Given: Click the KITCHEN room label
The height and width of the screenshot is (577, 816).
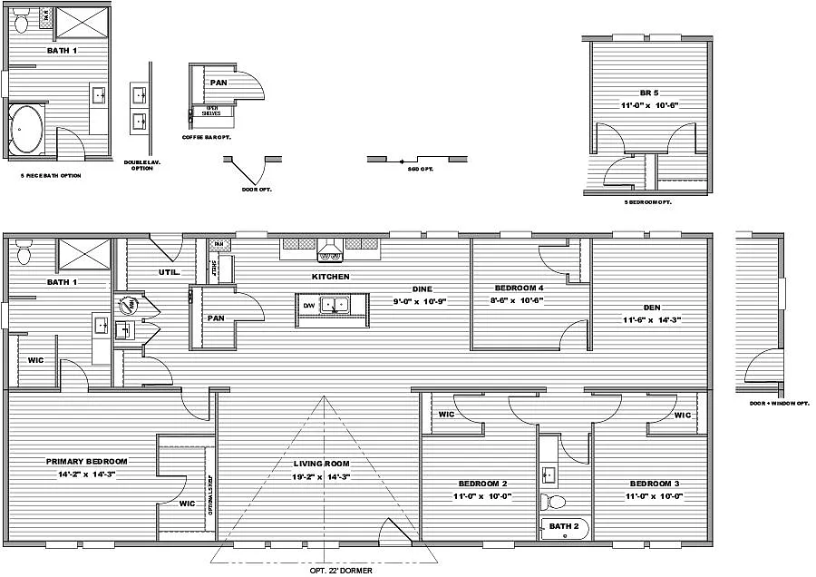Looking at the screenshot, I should (331, 277).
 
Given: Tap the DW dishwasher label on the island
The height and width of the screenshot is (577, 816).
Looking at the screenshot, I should (309, 306).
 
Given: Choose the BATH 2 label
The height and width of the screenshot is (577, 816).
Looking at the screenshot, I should (563, 525).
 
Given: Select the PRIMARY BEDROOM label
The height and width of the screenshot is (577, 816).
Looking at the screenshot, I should (86, 462).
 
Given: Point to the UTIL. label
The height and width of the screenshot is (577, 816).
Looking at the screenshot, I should (169, 271).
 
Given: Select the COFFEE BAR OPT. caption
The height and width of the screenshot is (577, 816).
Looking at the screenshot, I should (207, 137).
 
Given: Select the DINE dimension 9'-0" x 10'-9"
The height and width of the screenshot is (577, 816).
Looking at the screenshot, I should (421, 300).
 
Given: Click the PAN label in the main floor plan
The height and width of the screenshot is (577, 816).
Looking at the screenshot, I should (216, 318).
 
